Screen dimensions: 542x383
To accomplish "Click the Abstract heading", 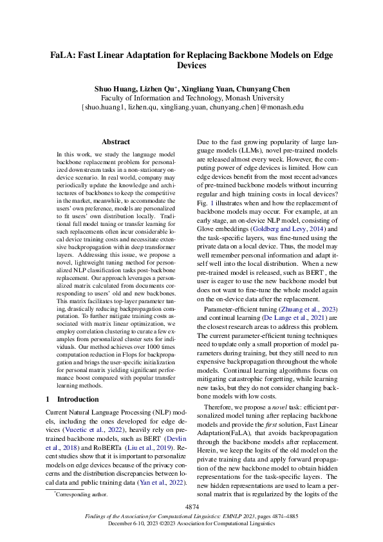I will (116, 142).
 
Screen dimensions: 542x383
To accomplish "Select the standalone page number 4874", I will (191, 507).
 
